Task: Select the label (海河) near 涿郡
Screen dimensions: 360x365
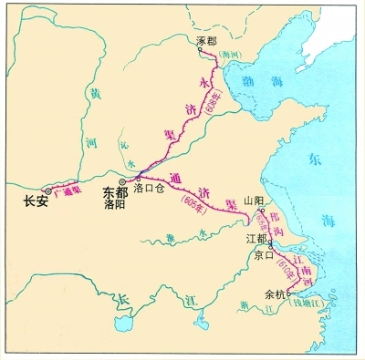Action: tap(233, 56)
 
